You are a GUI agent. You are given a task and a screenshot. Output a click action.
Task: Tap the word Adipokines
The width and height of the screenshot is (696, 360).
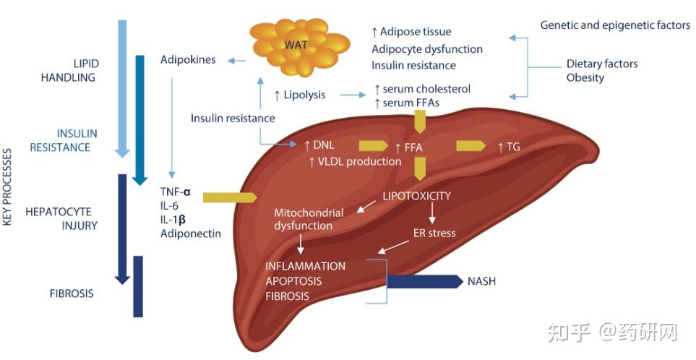(188, 60)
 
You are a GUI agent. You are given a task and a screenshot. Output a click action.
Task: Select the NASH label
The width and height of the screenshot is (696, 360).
(482, 281)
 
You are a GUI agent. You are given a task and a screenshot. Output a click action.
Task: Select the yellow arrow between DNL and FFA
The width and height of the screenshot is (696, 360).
(373, 147)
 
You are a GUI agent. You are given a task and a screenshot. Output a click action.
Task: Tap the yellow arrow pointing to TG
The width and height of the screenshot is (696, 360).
(471, 147)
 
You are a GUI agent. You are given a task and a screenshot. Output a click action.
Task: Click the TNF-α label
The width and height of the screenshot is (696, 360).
(176, 192)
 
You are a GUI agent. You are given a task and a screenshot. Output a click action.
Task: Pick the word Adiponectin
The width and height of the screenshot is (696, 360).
(191, 233)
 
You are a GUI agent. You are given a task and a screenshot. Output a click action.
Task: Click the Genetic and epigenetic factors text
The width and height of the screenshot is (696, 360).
(615, 25)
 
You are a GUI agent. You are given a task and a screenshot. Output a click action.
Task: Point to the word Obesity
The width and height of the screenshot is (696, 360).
(585, 77)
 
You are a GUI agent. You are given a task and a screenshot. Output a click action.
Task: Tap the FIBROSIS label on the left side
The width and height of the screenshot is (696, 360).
(72, 294)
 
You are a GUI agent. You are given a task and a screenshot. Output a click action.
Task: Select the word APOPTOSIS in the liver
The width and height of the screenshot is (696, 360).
(293, 280)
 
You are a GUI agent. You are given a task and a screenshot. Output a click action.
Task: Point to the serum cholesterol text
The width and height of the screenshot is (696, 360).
(422, 89)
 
